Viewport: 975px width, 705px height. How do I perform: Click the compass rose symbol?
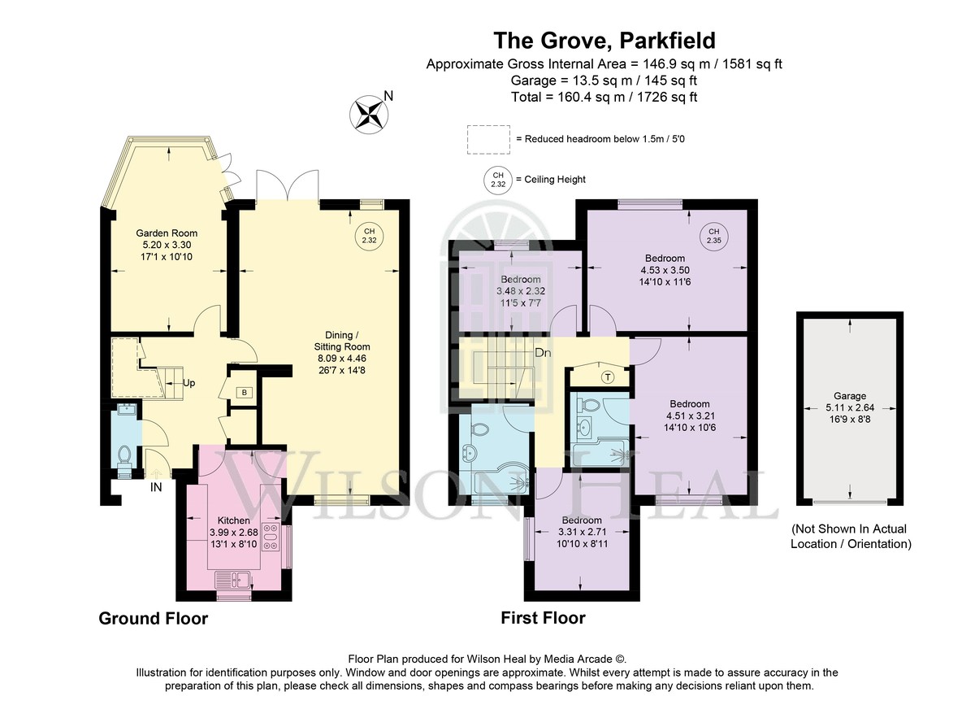click(x=369, y=115)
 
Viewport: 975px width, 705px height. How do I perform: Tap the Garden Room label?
click(x=167, y=233)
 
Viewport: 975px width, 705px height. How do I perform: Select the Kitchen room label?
click(x=234, y=520)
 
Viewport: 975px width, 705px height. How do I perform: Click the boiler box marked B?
click(x=245, y=393)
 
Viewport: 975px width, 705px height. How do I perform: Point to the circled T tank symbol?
click(x=608, y=377)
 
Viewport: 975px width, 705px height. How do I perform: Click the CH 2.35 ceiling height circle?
click(x=714, y=236)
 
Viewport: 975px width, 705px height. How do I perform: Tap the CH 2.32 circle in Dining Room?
click(x=369, y=236)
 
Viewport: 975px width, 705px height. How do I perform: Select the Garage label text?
click(x=850, y=396)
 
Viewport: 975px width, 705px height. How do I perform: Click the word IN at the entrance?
click(x=156, y=487)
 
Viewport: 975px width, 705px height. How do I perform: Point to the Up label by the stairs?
click(x=188, y=383)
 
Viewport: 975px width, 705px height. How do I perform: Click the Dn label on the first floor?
click(x=543, y=353)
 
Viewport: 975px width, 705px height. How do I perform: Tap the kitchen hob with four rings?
click(x=271, y=537)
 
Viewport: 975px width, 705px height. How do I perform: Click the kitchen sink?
click(x=233, y=580)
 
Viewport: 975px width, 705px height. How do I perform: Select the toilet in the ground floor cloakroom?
click(x=124, y=455)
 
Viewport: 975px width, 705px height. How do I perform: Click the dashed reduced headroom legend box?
click(x=488, y=139)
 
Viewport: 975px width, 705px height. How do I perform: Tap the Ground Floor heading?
click(x=154, y=619)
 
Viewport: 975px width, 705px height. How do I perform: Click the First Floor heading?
click(x=543, y=618)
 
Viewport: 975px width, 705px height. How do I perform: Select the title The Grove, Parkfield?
click(x=604, y=41)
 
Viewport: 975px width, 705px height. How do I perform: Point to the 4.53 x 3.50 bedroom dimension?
click(x=665, y=270)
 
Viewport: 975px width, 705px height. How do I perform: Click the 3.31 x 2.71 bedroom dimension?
click(x=582, y=532)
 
